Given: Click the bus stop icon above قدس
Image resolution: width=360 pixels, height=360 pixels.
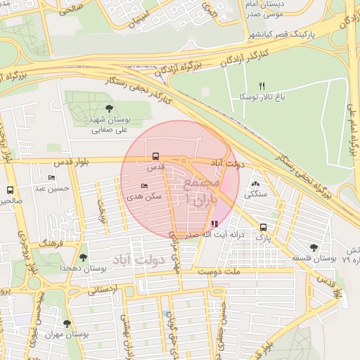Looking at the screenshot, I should point(155,157).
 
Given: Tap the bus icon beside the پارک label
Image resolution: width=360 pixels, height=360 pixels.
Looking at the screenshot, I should point(263,227).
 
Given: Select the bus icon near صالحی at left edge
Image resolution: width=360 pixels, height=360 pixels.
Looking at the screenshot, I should point(10,190).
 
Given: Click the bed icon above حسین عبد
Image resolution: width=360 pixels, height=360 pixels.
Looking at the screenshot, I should point(51,177).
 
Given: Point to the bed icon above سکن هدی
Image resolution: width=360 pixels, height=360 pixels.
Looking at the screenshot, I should point(145,186).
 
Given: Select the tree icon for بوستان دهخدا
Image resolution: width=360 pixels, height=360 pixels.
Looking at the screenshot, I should point(84,257).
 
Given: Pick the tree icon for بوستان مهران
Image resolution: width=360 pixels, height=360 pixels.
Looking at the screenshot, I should point(67,323).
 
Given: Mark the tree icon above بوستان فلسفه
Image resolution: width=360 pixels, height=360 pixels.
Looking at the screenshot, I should point(314,247).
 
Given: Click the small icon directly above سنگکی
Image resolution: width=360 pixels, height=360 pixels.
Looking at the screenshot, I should point(255,183).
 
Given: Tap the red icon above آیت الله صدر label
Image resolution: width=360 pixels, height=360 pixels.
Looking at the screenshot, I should point(214,224).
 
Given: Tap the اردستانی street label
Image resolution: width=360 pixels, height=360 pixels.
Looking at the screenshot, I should point(103,289).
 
